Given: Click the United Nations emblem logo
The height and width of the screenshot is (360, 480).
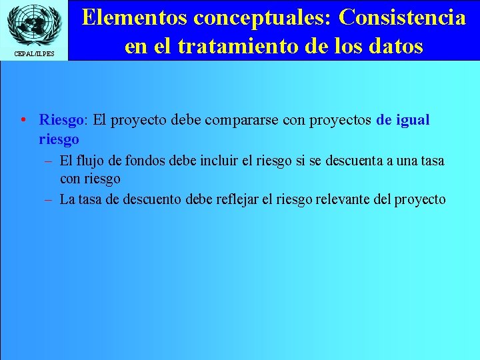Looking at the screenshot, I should coord(34,25).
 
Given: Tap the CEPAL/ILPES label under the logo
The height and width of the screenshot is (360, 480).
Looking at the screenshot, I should coord(34,54).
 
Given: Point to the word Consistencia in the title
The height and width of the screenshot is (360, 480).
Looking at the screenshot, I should coord(402,18).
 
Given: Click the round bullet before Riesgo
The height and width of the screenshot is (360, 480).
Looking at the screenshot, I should coord(23,121).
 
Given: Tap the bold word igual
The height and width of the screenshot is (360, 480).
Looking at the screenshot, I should coord(413,121).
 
